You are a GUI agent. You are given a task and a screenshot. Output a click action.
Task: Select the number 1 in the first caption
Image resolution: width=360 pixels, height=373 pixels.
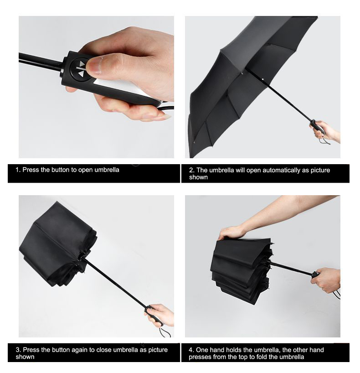tap(18, 170)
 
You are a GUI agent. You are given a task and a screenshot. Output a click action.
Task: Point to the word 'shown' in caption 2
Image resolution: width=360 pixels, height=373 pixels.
tap(198, 177)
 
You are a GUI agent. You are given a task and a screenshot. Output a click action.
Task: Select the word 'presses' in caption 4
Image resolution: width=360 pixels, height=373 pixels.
tap(199, 357)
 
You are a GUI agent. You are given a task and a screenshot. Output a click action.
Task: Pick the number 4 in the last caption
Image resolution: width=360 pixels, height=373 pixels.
tap(191, 350)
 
